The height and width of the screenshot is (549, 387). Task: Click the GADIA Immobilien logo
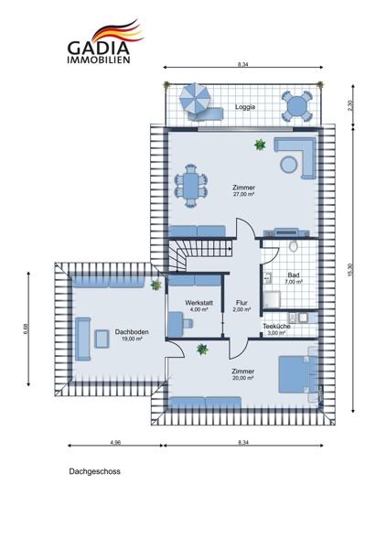click(x=105, y=41)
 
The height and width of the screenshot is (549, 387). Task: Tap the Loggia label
click(x=245, y=107)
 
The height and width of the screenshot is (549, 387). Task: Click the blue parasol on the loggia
click(x=195, y=98)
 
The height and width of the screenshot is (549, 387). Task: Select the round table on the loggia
click(x=297, y=106)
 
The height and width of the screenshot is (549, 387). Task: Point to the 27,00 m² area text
click(x=243, y=194)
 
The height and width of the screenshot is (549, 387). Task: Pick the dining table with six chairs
click(x=191, y=186)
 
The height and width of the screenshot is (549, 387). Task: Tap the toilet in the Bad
click(x=294, y=246)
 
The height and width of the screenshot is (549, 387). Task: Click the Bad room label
click(x=294, y=275)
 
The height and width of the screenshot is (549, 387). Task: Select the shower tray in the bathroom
click(x=272, y=300)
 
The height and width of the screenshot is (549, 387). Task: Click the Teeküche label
click(x=276, y=327)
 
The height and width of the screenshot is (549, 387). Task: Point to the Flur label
click(x=242, y=303)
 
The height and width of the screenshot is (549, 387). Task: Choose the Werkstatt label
click(x=199, y=303)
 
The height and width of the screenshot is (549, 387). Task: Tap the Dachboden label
click(x=132, y=332)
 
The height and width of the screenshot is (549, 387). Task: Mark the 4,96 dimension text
click(x=115, y=442)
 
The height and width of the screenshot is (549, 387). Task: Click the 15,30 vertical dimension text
click(x=350, y=269)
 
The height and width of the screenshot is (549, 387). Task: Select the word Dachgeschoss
click(x=94, y=471)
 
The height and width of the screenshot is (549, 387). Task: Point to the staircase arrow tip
click(x=231, y=249)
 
